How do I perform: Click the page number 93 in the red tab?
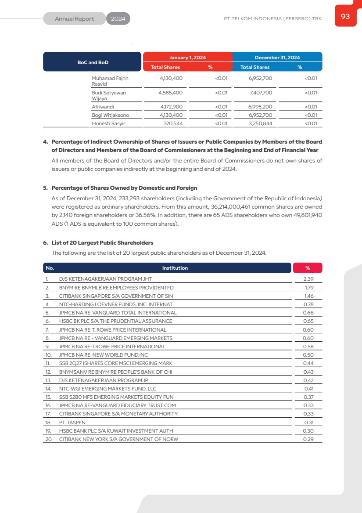pyautogui.click(x=345, y=16)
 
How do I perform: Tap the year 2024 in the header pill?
pyautogui.click(x=118, y=19)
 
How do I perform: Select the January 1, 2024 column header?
pyautogui.click(x=187, y=58)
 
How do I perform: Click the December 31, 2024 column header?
pyautogui.click(x=277, y=58)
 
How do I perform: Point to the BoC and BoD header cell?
pyautogui.click(x=93, y=62)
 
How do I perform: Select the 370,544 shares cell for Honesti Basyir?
pyautogui.click(x=173, y=123)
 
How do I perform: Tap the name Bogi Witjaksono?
pyautogui.click(x=110, y=115)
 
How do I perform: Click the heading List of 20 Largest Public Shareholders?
pyautogui.click(x=102, y=243)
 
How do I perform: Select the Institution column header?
pyautogui.click(x=175, y=268)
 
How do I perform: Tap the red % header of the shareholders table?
pyautogui.click(x=307, y=268)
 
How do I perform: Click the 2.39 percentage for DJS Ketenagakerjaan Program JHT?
pyautogui.click(x=308, y=279)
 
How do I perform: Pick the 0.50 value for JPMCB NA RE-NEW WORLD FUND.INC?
pyautogui.click(x=308, y=355)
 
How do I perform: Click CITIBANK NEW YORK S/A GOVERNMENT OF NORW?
pyautogui.click(x=118, y=439)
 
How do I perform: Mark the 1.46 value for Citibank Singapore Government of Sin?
pyautogui.click(x=308, y=296)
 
